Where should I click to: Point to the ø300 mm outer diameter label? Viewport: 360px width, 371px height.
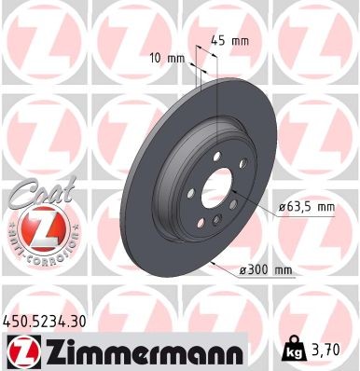[266, 269]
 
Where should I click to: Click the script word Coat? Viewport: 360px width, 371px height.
[35, 193]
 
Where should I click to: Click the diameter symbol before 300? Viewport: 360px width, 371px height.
[242, 269]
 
